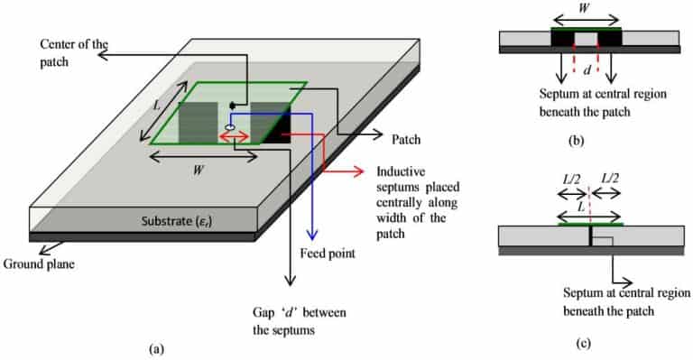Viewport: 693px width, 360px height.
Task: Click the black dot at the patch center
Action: coord(233,106)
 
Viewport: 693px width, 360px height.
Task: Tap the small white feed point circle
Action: coord(229,128)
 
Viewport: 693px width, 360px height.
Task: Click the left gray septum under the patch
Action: coord(198,122)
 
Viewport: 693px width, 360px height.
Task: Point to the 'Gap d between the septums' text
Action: coord(297,320)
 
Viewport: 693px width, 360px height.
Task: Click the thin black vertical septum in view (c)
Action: coord(590,235)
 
